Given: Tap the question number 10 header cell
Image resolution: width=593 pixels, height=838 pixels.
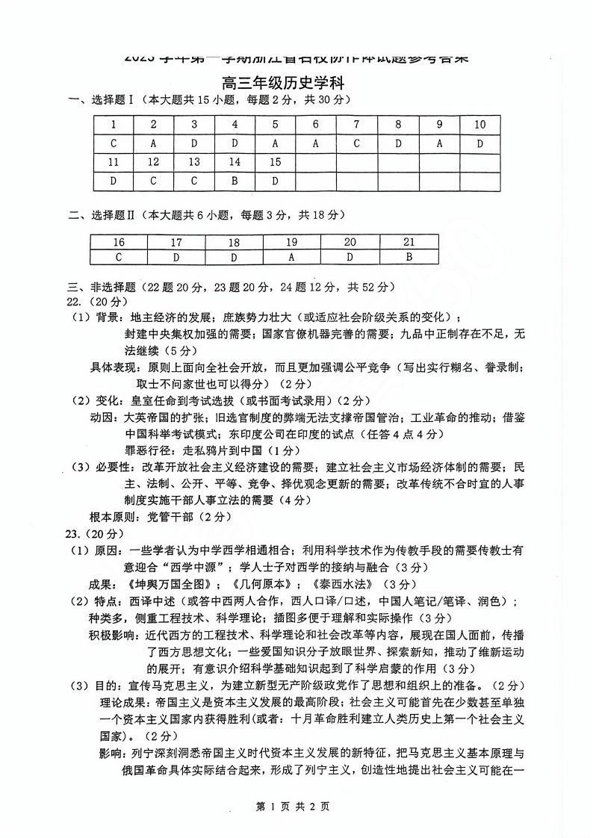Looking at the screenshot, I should [x=479, y=125].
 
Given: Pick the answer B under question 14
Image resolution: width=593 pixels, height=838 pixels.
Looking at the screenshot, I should [x=235, y=181].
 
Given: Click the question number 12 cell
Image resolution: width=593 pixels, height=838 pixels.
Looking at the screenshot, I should [x=154, y=162].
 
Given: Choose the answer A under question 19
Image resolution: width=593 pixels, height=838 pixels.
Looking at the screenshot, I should [x=292, y=257].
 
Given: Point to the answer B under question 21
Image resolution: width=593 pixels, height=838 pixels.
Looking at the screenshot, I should [x=409, y=257].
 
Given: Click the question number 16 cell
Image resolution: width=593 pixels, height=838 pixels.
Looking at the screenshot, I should [x=119, y=243].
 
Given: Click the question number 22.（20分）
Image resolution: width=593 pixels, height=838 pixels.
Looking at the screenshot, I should [x=87, y=302].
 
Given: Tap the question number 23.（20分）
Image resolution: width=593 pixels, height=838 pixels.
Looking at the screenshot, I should [x=87, y=534].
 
